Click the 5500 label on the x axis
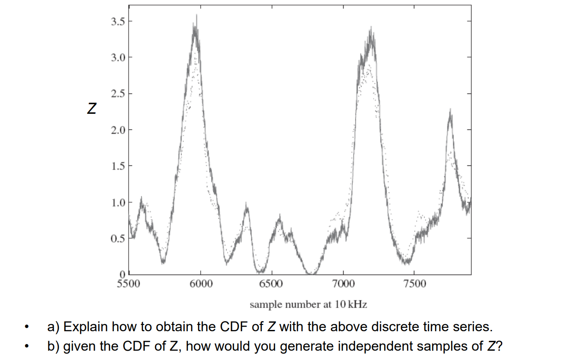click(x=128, y=283)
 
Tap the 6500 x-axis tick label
click(x=271, y=283)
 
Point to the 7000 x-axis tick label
click(x=343, y=283)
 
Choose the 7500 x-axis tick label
click(x=414, y=283)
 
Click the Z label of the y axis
click(x=91, y=110)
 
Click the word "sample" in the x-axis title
click(x=263, y=305)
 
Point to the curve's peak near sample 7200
click(x=371, y=28)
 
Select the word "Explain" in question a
click(x=85, y=327)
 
